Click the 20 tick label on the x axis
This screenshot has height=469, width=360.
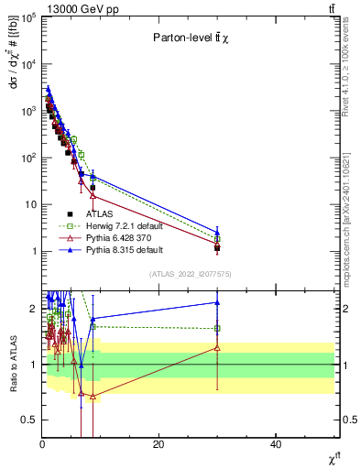tap(158, 444)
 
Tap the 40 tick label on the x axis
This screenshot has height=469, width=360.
tap(276, 444)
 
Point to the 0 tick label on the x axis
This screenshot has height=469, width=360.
tap(42, 444)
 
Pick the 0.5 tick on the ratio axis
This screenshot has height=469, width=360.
tap(28, 420)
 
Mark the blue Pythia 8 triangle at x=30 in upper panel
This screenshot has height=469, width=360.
tap(217, 232)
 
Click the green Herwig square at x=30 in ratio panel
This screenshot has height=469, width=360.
tap(217, 328)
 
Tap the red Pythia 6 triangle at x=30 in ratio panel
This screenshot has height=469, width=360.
tap(217, 347)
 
